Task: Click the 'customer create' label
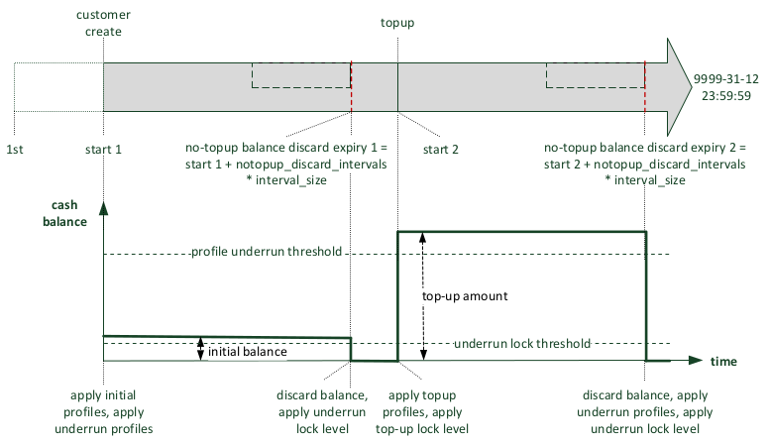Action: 102,24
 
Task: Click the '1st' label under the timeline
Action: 16,149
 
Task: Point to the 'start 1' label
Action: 103,149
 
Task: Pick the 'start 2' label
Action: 442,149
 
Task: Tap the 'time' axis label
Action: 723,362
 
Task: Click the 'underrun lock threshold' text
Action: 521,343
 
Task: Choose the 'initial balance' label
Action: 247,352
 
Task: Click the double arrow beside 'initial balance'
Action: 201,348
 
